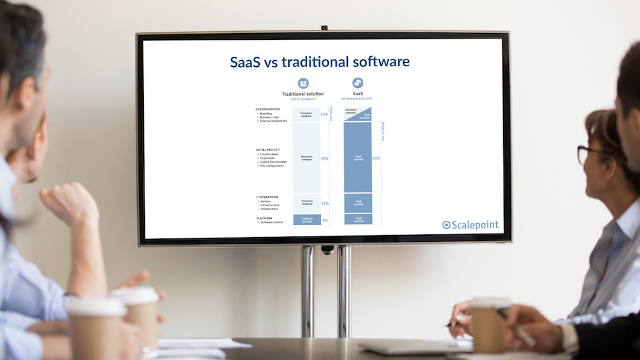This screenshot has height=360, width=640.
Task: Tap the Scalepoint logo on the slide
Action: click(x=471, y=225)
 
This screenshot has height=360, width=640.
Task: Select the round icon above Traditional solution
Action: click(x=303, y=83)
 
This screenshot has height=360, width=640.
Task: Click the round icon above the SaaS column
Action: click(x=358, y=83)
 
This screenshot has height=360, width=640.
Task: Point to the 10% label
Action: click(x=324, y=114)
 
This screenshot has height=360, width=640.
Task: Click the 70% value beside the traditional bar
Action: click(x=324, y=159)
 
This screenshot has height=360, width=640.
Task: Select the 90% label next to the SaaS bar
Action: click(x=376, y=159)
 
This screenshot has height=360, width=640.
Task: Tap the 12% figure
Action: click(x=324, y=203)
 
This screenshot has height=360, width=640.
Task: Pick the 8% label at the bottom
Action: click(x=325, y=220)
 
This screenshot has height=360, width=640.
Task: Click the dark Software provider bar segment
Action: click(x=306, y=220)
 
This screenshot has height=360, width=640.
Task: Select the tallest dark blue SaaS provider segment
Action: click(x=358, y=157)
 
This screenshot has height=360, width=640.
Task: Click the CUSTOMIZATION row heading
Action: click(x=268, y=109)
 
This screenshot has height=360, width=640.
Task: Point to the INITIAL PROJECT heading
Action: click(x=268, y=149)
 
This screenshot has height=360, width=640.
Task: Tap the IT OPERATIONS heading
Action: click(x=267, y=197)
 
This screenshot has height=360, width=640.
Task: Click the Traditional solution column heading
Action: click(x=302, y=94)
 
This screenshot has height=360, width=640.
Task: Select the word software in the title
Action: click(x=381, y=62)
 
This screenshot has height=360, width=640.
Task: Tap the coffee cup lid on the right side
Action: click(x=491, y=302)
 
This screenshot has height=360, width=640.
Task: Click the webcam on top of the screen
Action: click(x=325, y=28)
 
